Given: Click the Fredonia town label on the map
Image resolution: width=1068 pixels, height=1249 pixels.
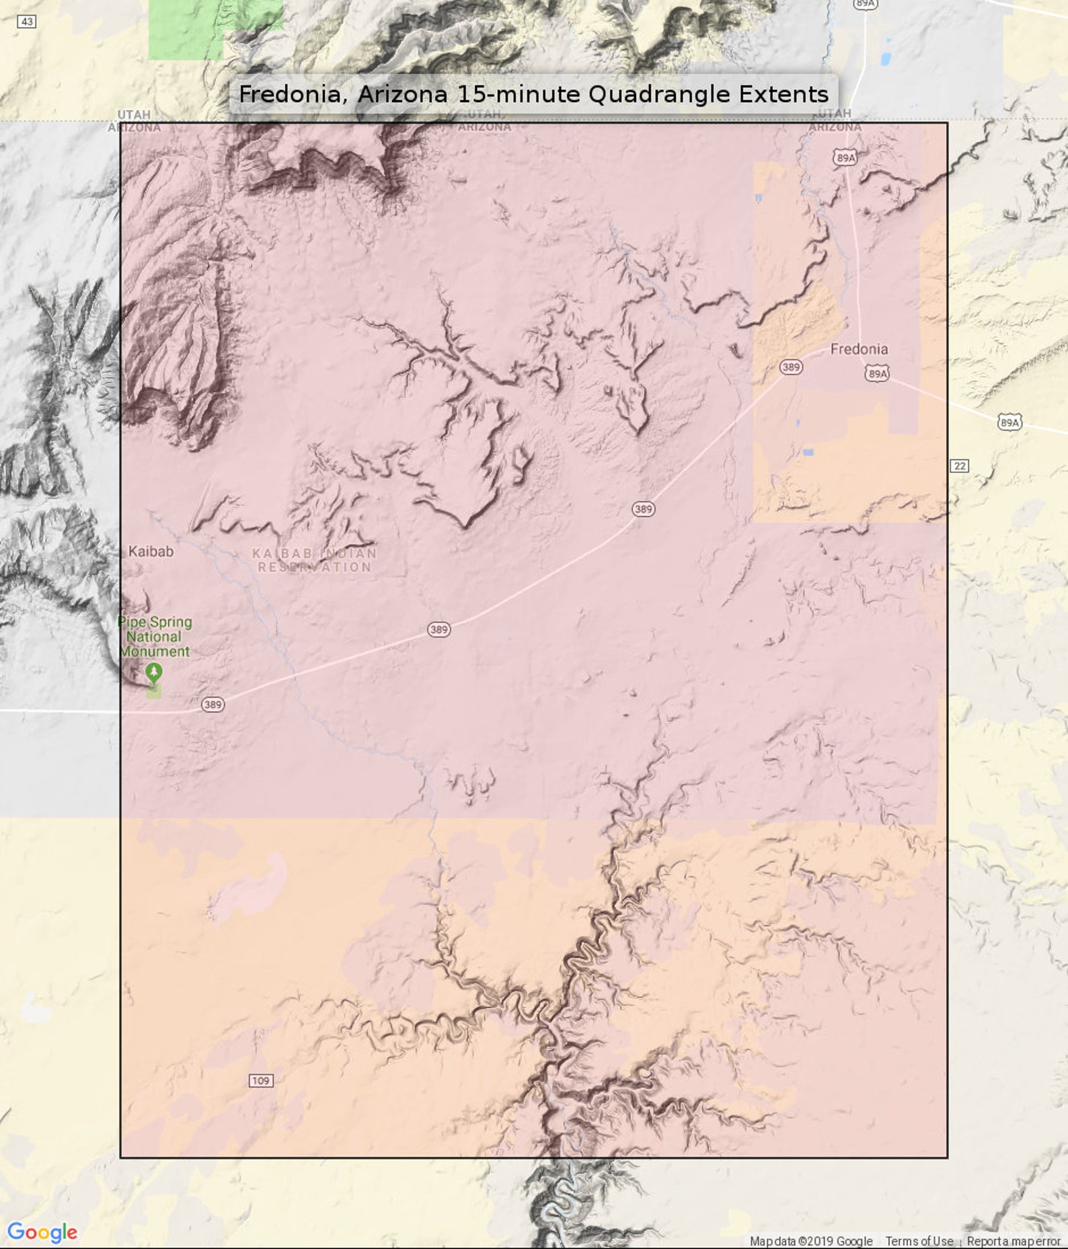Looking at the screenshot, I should pyautogui.click(x=859, y=349).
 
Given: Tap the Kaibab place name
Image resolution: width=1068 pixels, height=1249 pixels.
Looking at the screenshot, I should pyautogui.click(x=151, y=552).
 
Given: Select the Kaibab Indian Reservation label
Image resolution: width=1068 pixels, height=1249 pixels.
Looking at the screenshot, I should pyautogui.click(x=315, y=560).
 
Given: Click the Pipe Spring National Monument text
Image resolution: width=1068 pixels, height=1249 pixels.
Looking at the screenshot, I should pyautogui.click(x=155, y=636).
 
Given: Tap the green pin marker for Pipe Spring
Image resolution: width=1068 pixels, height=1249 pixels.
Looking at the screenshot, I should pyautogui.click(x=154, y=671).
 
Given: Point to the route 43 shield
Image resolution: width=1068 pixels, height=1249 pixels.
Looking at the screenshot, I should pyautogui.click(x=26, y=22).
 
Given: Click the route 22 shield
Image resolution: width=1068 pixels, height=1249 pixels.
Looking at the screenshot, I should pyautogui.click(x=960, y=465).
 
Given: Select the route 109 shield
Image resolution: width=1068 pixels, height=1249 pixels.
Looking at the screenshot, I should pyautogui.click(x=261, y=1080).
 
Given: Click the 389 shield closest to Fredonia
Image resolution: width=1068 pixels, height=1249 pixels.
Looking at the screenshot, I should pyautogui.click(x=791, y=367).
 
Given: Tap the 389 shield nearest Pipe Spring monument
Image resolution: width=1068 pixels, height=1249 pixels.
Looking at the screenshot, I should pyautogui.click(x=213, y=704).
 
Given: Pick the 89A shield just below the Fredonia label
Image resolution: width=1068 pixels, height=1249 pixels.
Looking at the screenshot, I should pyautogui.click(x=877, y=373).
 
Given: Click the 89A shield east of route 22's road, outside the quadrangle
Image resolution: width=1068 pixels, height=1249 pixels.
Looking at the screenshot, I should pyautogui.click(x=1009, y=422).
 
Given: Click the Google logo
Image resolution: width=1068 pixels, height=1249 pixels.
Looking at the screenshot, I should pyautogui.click(x=42, y=1232).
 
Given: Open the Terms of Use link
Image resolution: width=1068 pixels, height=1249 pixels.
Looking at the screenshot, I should pyautogui.click(x=919, y=1241).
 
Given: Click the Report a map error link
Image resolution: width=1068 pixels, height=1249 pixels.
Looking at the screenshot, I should pyautogui.click(x=1014, y=1241).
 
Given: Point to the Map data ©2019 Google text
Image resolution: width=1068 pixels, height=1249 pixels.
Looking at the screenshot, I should pyautogui.click(x=811, y=1241).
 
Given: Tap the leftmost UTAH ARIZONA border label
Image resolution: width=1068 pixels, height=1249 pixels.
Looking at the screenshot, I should pyautogui.click(x=134, y=121).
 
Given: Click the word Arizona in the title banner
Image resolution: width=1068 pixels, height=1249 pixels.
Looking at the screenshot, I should pyautogui.click(x=402, y=94).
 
